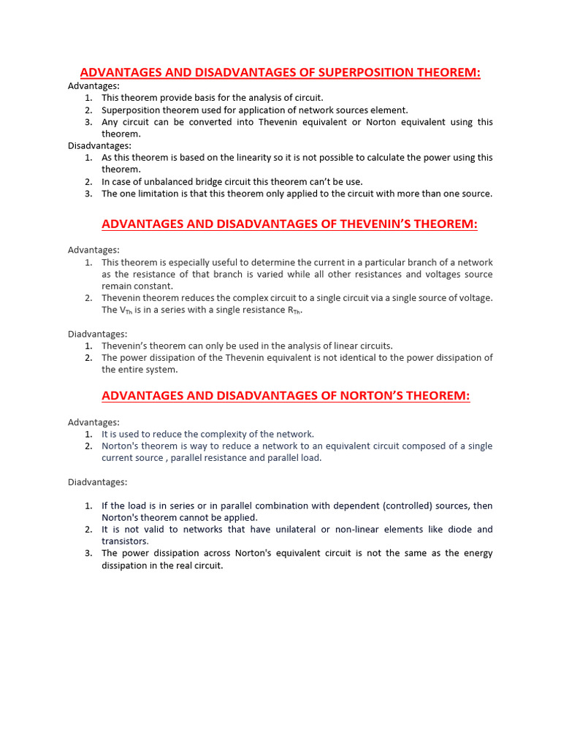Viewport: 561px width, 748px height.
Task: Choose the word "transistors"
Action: pos(125,541)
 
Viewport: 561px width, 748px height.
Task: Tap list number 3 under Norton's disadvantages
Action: pos(88,553)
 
